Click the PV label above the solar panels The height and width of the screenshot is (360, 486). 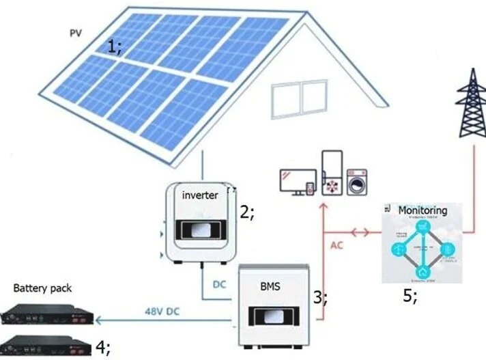click(x=74, y=32)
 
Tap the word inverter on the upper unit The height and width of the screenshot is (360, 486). click(x=200, y=195)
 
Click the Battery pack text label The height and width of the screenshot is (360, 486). click(x=42, y=288)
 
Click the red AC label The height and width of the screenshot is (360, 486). click(x=337, y=245)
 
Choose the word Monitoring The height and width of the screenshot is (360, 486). click(x=423, y=210)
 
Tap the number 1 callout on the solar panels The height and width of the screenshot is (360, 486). click(x=114, y=46)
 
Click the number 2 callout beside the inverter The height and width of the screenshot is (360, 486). click(x=246, y=212)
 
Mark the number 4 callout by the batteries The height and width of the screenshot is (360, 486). click(x=102, y=346)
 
